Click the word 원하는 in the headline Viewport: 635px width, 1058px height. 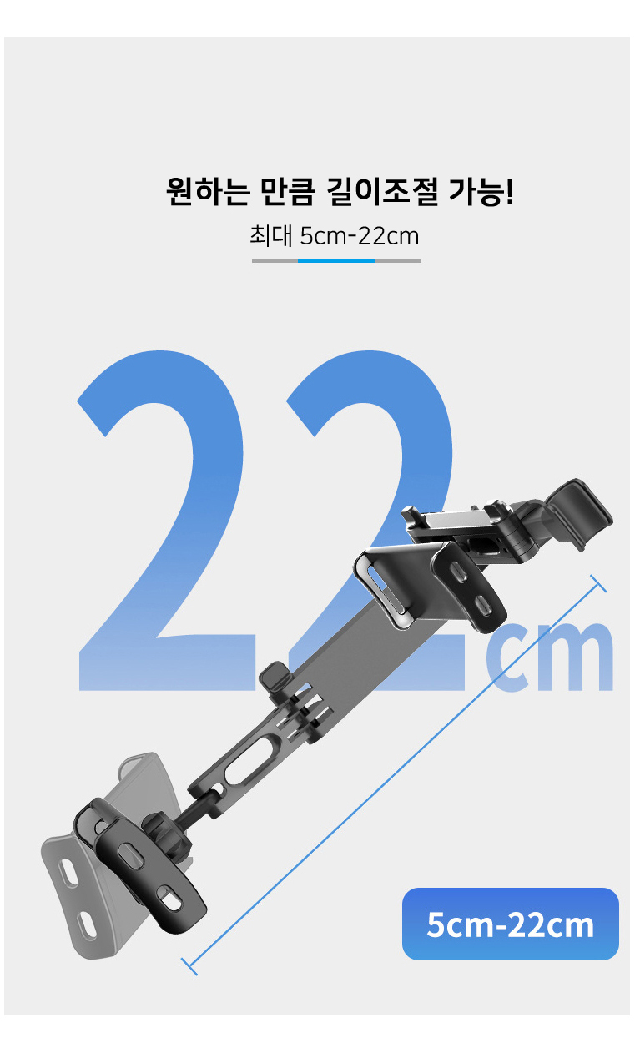point(207,191)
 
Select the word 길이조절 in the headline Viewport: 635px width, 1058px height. point(382,191)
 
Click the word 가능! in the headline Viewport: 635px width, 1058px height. point(481,191)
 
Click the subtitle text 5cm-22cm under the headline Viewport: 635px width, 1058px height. point(360,235)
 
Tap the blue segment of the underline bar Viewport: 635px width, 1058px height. point(336,260)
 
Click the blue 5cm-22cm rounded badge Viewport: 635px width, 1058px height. point(511,924)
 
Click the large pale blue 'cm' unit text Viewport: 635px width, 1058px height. point(550,657)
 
